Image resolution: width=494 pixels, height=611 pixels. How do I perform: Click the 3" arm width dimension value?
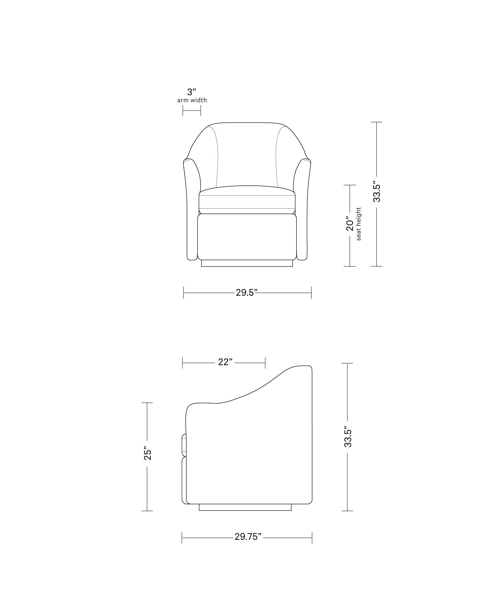coord(191,92)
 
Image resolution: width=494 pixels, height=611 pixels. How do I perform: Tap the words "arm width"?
coord(192,100)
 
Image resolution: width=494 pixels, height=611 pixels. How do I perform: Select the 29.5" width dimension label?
coord(247,293)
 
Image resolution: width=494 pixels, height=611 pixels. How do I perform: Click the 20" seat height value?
coord(350,224)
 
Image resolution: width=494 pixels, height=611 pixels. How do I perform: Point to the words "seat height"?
coord(359,224)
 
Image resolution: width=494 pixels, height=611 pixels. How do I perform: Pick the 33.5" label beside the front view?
coord(377,193)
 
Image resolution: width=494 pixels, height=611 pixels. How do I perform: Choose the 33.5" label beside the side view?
coord(348,437)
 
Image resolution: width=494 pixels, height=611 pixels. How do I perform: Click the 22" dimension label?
coord(225,362)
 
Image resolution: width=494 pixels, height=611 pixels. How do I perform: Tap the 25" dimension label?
coord(147,453)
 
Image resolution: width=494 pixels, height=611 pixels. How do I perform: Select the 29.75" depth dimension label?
coord(248,537)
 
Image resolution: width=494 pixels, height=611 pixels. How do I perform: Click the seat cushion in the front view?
coord(247,200)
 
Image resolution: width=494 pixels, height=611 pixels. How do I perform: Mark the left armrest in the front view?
coord(191,211)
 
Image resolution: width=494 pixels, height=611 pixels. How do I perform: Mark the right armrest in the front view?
coord(304,211)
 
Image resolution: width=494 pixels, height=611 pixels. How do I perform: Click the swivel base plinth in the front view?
coord(247,263)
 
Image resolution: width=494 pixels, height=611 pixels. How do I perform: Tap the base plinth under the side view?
coord(245,507)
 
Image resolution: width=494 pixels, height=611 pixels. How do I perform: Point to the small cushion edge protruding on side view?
coord(184,445)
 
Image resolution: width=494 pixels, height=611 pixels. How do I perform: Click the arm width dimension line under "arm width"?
coord(191,111)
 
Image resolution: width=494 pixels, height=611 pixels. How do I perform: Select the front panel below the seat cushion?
coord(247,236)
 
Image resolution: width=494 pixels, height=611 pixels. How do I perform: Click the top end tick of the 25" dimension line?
coord(147,403)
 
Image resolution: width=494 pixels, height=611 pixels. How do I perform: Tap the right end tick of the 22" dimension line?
coord(266,362)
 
